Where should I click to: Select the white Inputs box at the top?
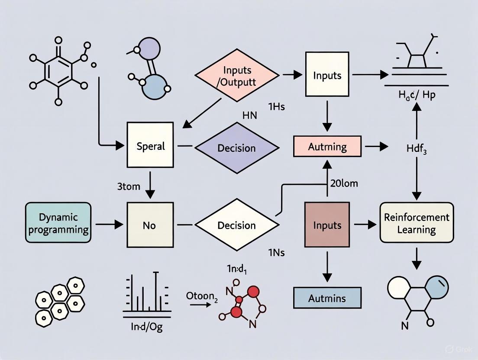pos(327,74)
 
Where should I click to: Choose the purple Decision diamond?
pos(237,148)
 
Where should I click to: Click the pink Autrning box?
pos(327,146)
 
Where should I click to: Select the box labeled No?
pos(149,225)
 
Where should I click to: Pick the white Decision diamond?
pos(237,225)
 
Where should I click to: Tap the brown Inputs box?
pos(327,225)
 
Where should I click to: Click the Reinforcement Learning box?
pos(417,223)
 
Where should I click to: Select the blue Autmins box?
pos(327,298)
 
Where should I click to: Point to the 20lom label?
pos(344,183)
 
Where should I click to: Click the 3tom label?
pos(129,187)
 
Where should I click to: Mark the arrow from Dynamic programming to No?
pos(108,225)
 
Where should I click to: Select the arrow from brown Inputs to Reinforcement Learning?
pos(365,225)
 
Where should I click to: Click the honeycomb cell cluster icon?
pos(60,299)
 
